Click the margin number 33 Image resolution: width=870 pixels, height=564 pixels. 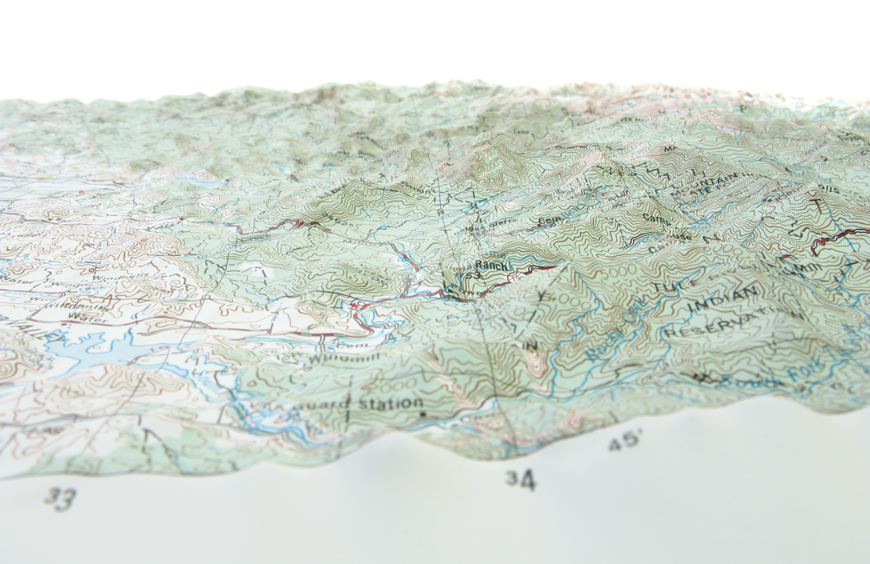tap(60, 498)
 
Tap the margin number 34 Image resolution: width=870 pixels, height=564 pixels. tap(521, 478)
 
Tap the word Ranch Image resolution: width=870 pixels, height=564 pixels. tap(492, 266)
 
